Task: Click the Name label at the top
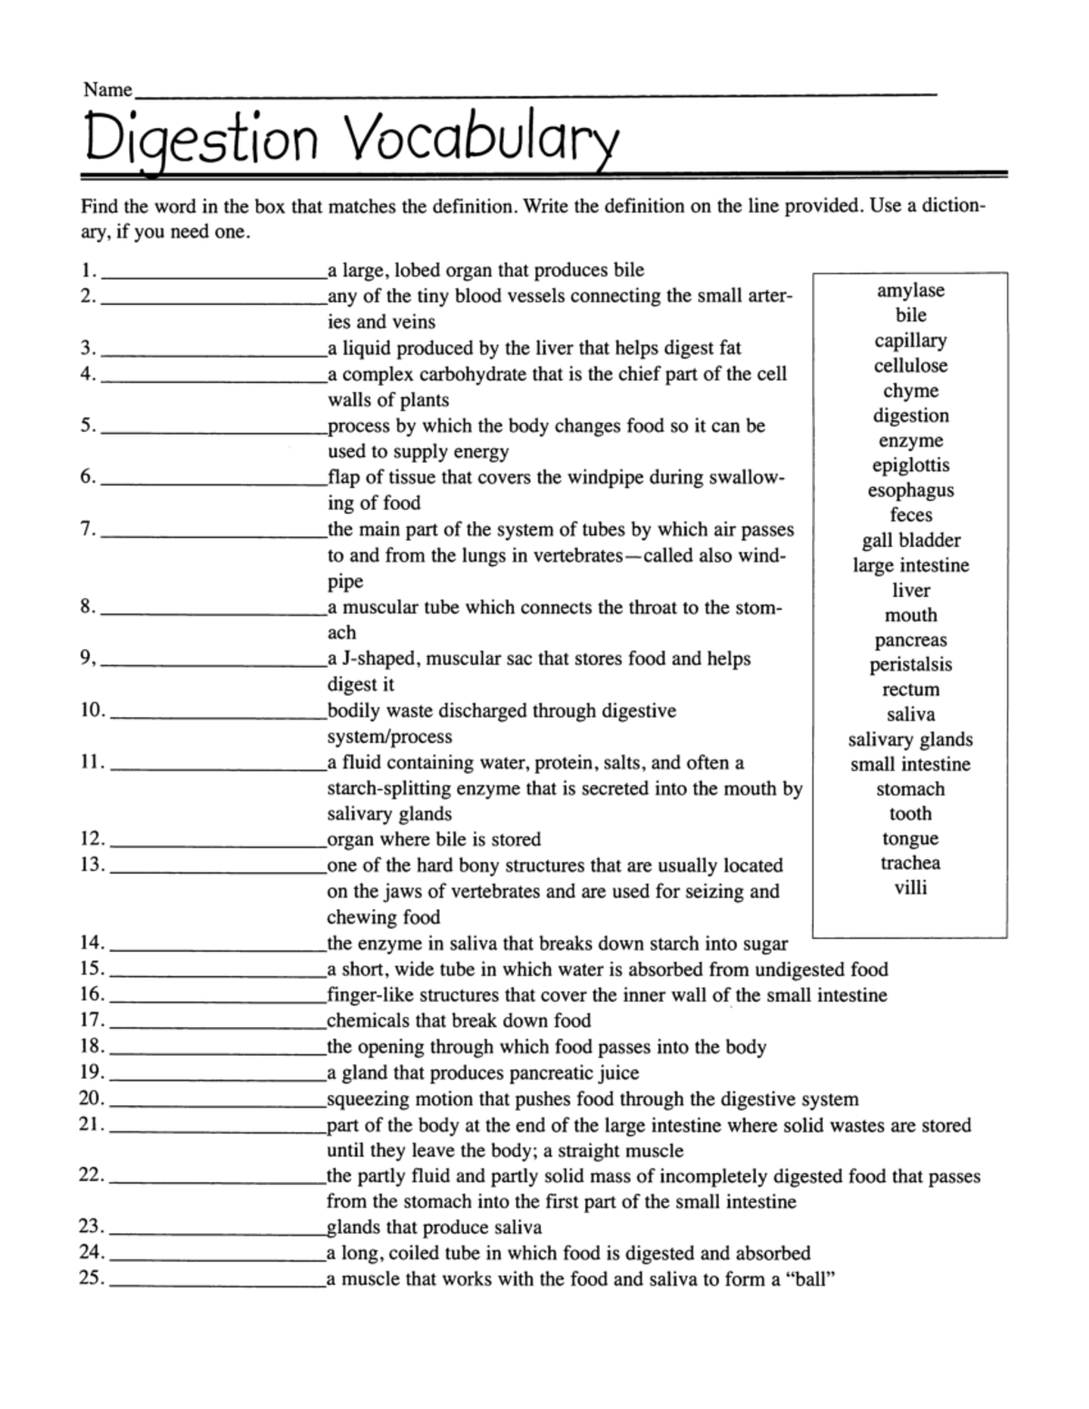[x=107, y=89]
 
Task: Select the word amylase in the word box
[x=910, y=290]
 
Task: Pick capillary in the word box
[x=910, y=341]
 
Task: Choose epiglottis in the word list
[x=910, y=465]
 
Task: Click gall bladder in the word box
[x=910, y=541]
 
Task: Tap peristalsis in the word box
[x=910, y=665]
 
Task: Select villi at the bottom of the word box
[x=910, y=888]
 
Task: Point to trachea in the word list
[x=910, y=863]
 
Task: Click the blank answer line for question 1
[x=214, y=274]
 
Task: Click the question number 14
[x=93, y=944]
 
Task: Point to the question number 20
[x=93, y=1099]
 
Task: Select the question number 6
[x=87, y=476]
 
